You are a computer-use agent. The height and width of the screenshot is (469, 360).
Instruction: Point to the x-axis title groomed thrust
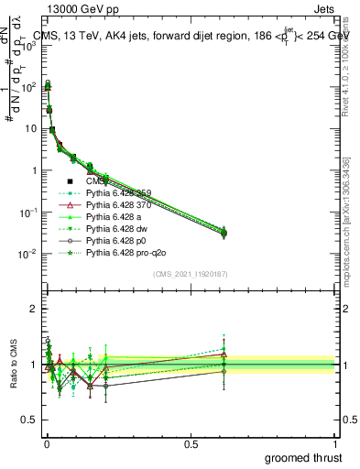[303, 457]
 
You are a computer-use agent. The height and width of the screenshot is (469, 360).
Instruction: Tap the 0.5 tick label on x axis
[191, 443]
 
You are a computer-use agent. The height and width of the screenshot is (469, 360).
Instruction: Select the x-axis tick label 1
[336, 443]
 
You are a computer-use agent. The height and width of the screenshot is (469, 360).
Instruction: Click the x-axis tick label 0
[46, 443]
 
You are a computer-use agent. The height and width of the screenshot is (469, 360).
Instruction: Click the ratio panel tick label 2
[33, 309]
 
